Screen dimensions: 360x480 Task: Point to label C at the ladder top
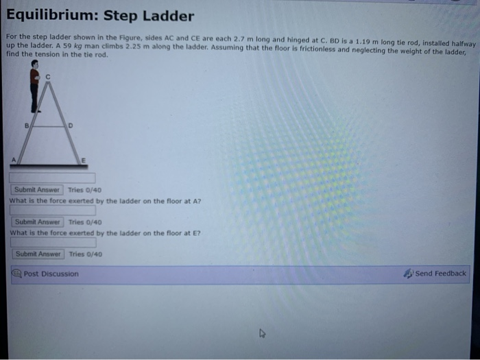coord(47,75)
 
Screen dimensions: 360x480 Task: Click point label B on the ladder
coord(27,125)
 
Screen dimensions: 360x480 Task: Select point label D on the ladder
coord(69,125)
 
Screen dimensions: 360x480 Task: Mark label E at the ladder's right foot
coord(84,159)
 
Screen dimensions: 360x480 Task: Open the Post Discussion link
coord(50,274)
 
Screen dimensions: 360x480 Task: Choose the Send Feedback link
coord(440,274)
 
